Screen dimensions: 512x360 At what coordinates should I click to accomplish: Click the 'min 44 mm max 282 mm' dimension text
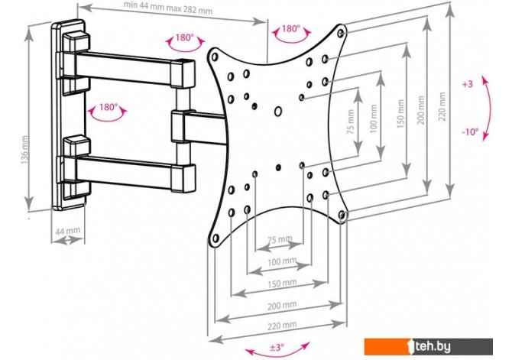pyautogui.click(x=168, y=8)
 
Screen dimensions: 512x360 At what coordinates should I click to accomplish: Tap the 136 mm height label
pyautogui.click(x=25, y=150)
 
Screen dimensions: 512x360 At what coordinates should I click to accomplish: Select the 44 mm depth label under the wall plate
pyautogui.click(x=67, y=231)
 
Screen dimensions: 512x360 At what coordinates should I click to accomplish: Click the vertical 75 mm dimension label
pyautogui.click(x=350, y=122)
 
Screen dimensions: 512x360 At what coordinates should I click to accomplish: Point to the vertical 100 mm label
pyautogui.click(x=373, y=118)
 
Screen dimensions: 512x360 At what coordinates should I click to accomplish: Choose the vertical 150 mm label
pyautogui.click(x=400, y=114)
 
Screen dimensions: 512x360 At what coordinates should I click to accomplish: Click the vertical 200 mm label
pyautogui.click(x=421, y=110)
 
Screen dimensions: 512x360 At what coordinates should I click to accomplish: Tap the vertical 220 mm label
pyautogui.click(x=442, y=106)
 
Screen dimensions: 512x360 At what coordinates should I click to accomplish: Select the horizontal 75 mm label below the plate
pyautogui.click(x=280, y=239)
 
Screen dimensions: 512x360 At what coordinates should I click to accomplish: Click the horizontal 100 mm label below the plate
pyautogui.click(x=282, y=261)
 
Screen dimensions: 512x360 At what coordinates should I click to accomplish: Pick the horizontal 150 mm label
pyautogui.click(x=282, y=283)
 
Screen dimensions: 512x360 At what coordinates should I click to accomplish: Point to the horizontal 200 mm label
pyautogui.click(x=282, y=306)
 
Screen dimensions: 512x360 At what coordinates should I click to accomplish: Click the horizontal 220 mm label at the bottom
pyautogui.click(x=282, y=326)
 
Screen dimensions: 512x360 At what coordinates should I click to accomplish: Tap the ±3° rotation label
pyautogui.click(x=277, y=347)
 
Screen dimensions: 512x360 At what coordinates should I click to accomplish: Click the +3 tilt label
pyautogui.click(x=467, y=84)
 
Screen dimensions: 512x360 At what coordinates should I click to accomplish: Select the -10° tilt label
pyautogui.click(x=470, y=131)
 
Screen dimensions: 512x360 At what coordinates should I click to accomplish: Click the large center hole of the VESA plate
pyautogui.click(x=278, y=112)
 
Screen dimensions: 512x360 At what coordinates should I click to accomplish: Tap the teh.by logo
pyautogui.click(x=429, y=346)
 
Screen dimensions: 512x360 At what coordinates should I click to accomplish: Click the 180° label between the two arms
pyautogui.click(x=109, y=107)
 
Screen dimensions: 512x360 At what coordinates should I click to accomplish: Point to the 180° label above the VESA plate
pyautogui.click(x=291, y=29)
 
